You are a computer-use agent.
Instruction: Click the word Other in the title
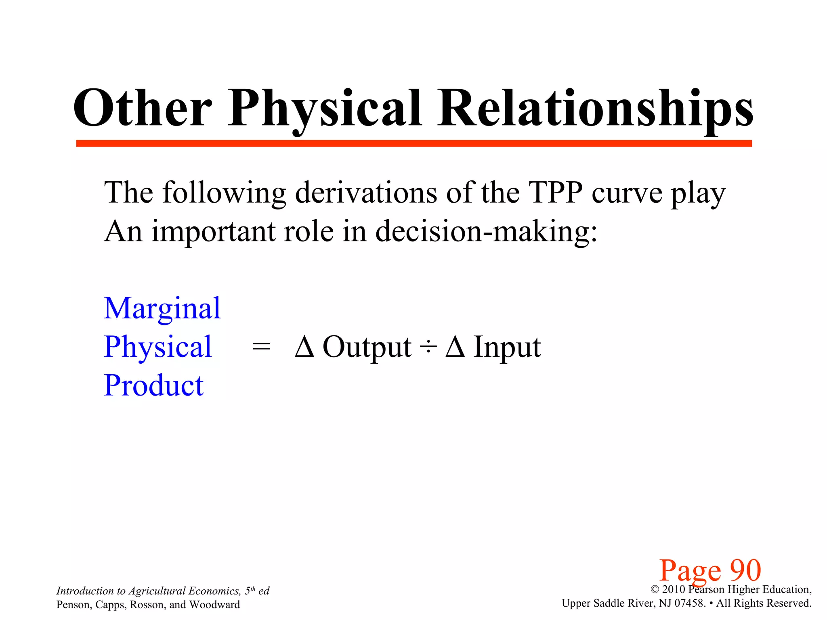coord(142,108)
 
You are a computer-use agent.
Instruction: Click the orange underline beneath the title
coord(413,143)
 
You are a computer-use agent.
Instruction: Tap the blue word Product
coord(153,385)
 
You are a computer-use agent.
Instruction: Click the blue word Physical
coord(157,347)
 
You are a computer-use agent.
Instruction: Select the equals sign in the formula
coord(261,347)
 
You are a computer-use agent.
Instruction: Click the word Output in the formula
coord(367,347)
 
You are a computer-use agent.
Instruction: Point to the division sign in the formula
coord(428,347)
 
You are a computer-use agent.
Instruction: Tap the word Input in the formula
coord(507,347)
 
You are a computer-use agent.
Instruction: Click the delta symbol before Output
coord(304,347)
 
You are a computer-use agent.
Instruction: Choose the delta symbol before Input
coord(455,347)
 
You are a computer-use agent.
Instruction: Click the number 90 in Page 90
coord(745,570)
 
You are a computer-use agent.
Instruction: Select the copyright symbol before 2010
coord(655,590)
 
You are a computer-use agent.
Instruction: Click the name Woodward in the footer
coord(214,605)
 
